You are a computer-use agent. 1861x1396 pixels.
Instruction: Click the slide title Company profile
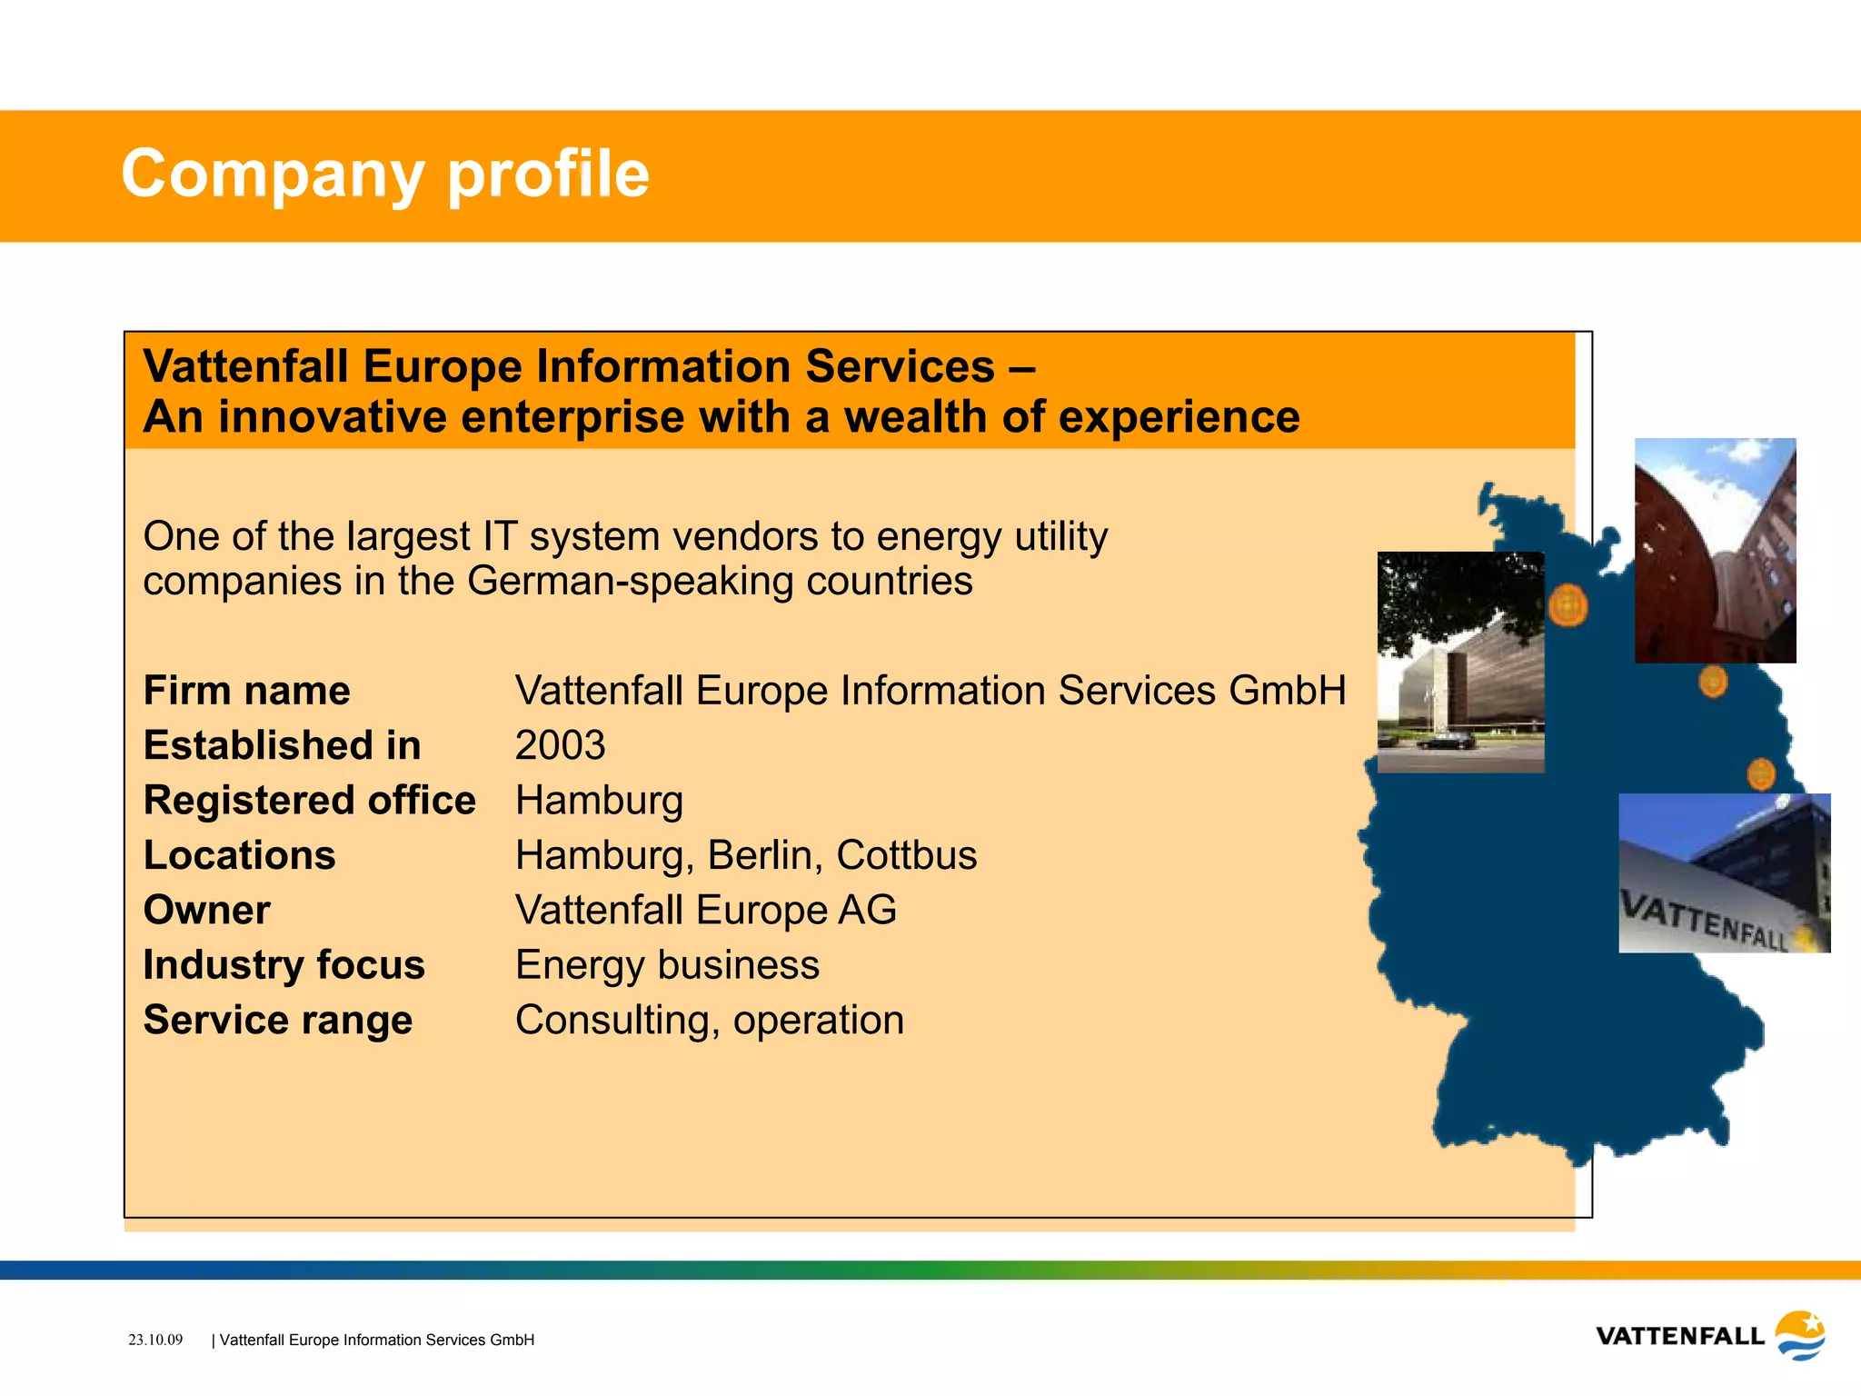385,174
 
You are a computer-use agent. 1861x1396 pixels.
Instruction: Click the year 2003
560,746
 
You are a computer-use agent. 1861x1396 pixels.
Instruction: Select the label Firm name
246,691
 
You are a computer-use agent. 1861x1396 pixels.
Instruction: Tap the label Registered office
309,801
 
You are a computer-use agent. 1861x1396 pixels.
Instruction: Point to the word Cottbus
906,855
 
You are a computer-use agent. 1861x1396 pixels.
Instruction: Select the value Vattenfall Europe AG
705,910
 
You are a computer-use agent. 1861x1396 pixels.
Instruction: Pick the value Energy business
667,965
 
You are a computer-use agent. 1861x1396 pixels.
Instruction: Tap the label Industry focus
284,965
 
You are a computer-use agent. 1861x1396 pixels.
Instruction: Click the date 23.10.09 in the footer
155,1340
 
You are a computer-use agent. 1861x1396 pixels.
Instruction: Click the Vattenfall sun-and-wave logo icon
1799,1335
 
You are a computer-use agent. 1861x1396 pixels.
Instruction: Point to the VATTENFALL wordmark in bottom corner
1679,1337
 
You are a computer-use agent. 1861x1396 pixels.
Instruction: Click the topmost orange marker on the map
1567,605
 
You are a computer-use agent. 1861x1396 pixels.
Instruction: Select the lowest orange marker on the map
1761,774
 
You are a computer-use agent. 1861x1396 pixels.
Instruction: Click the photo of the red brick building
1715,551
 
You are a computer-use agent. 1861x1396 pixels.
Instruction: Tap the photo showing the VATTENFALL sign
1724,873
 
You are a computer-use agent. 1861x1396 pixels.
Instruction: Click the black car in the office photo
1447,742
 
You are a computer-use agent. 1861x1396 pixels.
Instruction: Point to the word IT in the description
499,536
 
